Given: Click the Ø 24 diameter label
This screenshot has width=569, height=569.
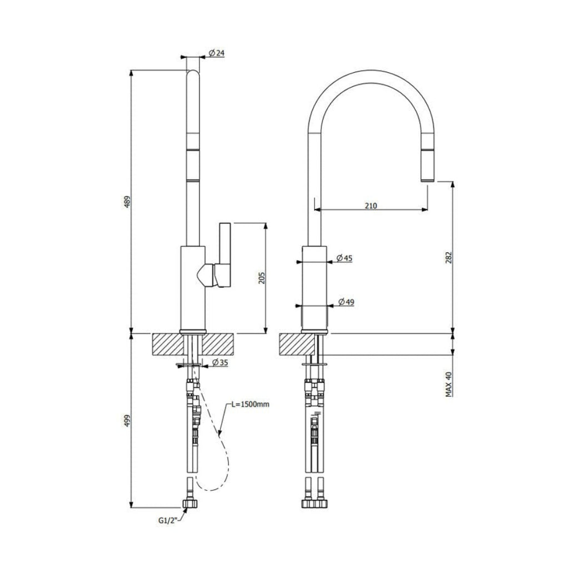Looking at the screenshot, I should pos(216,53).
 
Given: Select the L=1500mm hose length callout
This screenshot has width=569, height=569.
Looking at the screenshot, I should pos(250,405).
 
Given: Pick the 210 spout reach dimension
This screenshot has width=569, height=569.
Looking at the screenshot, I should pos(371,206).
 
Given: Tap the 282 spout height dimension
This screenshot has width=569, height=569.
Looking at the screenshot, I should pos(450,257).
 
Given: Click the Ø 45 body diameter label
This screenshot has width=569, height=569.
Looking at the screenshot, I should pos(345,258).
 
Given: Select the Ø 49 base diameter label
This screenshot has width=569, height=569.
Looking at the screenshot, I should pos(346,302).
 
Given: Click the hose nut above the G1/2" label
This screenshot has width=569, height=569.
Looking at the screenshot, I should pos(190,504).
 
